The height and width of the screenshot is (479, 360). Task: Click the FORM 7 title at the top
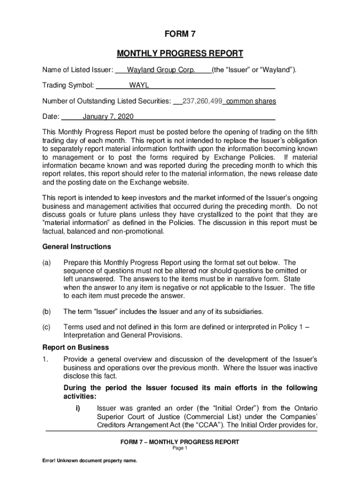pos(180,34)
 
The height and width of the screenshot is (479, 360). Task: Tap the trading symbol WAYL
pos(139,86)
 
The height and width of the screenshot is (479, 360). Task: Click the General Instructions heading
pos(77,247)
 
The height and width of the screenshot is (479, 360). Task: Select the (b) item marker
pos(47,311)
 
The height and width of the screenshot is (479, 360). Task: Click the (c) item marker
pos(47,327)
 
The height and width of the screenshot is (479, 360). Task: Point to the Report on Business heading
pos(75,348)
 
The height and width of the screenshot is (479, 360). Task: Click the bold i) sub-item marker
pos(78,408)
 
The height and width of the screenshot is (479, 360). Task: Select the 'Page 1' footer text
pos(180,448)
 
